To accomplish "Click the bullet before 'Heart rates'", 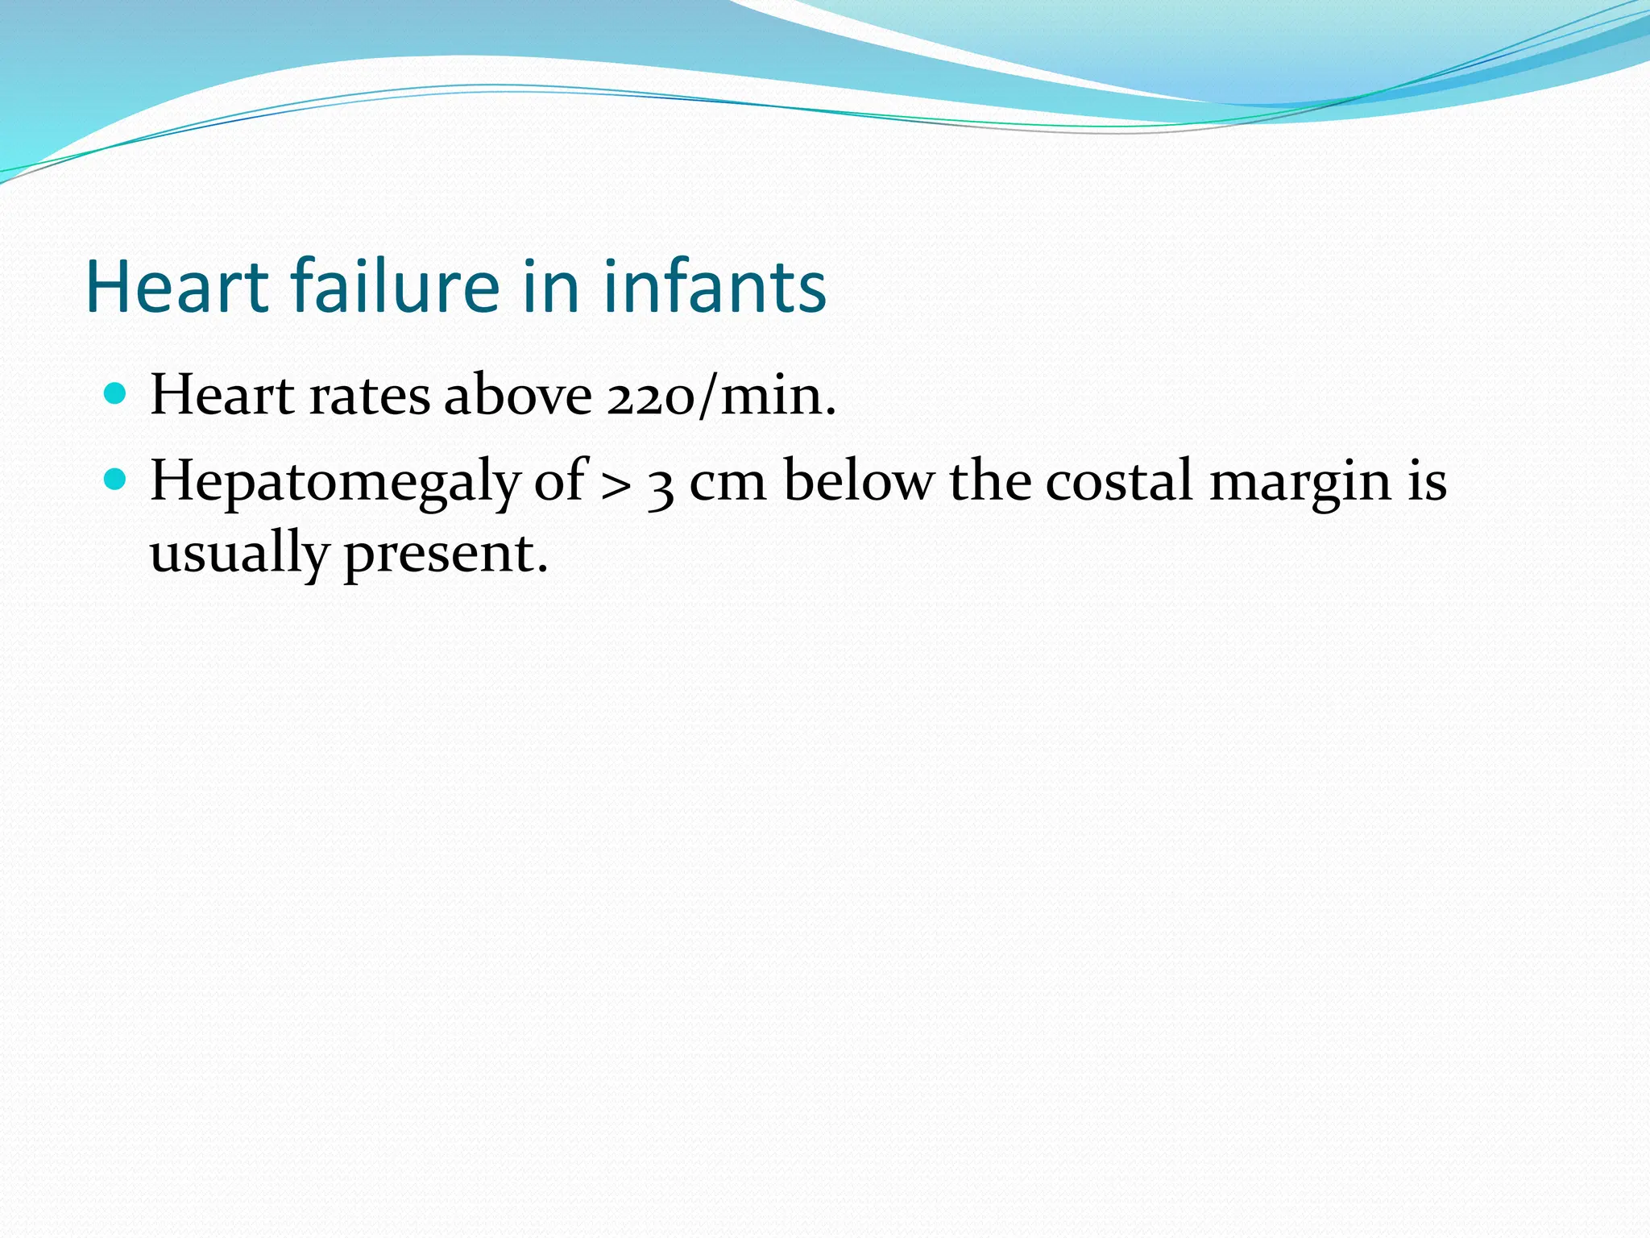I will (x=116, y=394).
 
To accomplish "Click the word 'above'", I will (x=518, y=396).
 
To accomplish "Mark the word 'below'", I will (x=859, y=481).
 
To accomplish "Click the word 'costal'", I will (x=1120, y=481).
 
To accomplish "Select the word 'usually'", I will (x=239, y=555).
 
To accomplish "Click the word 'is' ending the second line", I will (x=1428, y=481).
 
